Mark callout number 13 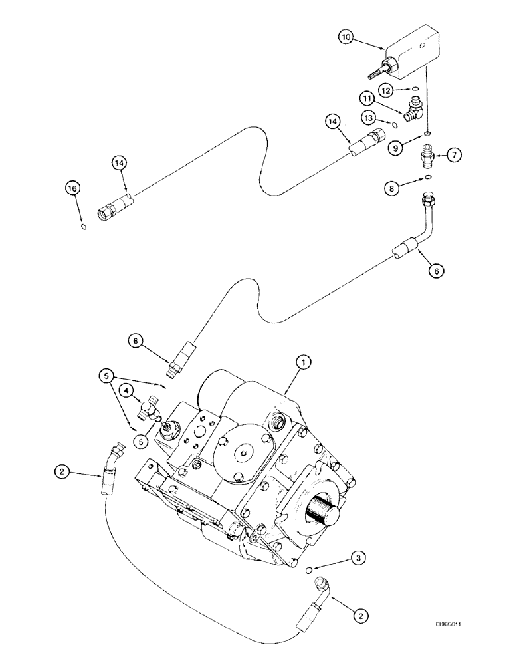[x=372, y=116]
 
